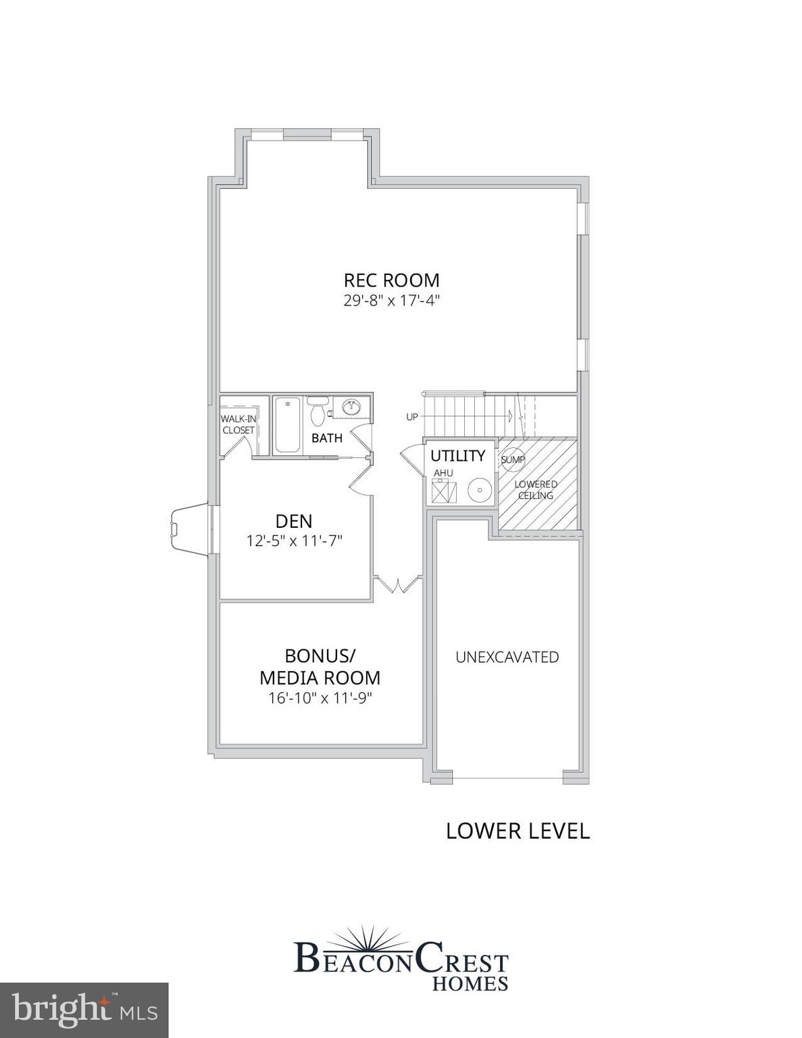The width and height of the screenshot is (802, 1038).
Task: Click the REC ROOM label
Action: click(391, 280)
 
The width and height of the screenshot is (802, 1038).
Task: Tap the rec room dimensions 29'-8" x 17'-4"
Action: click(391, 301)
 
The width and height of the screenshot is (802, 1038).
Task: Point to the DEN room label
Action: click(294, 521)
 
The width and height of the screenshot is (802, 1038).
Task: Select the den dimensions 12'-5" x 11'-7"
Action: click(294, 541)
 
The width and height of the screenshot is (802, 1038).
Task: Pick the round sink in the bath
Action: click(351, 407)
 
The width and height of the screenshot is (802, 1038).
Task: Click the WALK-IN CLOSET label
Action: click(238, 424)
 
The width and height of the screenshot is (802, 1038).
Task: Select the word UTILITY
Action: click(457, 455)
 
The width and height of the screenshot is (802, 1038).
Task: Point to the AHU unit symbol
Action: click(443, 489)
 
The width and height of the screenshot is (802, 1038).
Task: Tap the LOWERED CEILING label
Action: click(536, 490)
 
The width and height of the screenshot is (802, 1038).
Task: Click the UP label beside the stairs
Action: click(412, 417)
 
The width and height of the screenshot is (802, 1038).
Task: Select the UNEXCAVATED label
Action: click(507, 657)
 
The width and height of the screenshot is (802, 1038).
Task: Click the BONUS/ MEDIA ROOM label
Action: click(320, 666)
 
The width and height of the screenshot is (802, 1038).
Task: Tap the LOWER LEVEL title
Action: click(518, 831)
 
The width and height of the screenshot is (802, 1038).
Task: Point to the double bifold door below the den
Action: click(397, 584)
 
